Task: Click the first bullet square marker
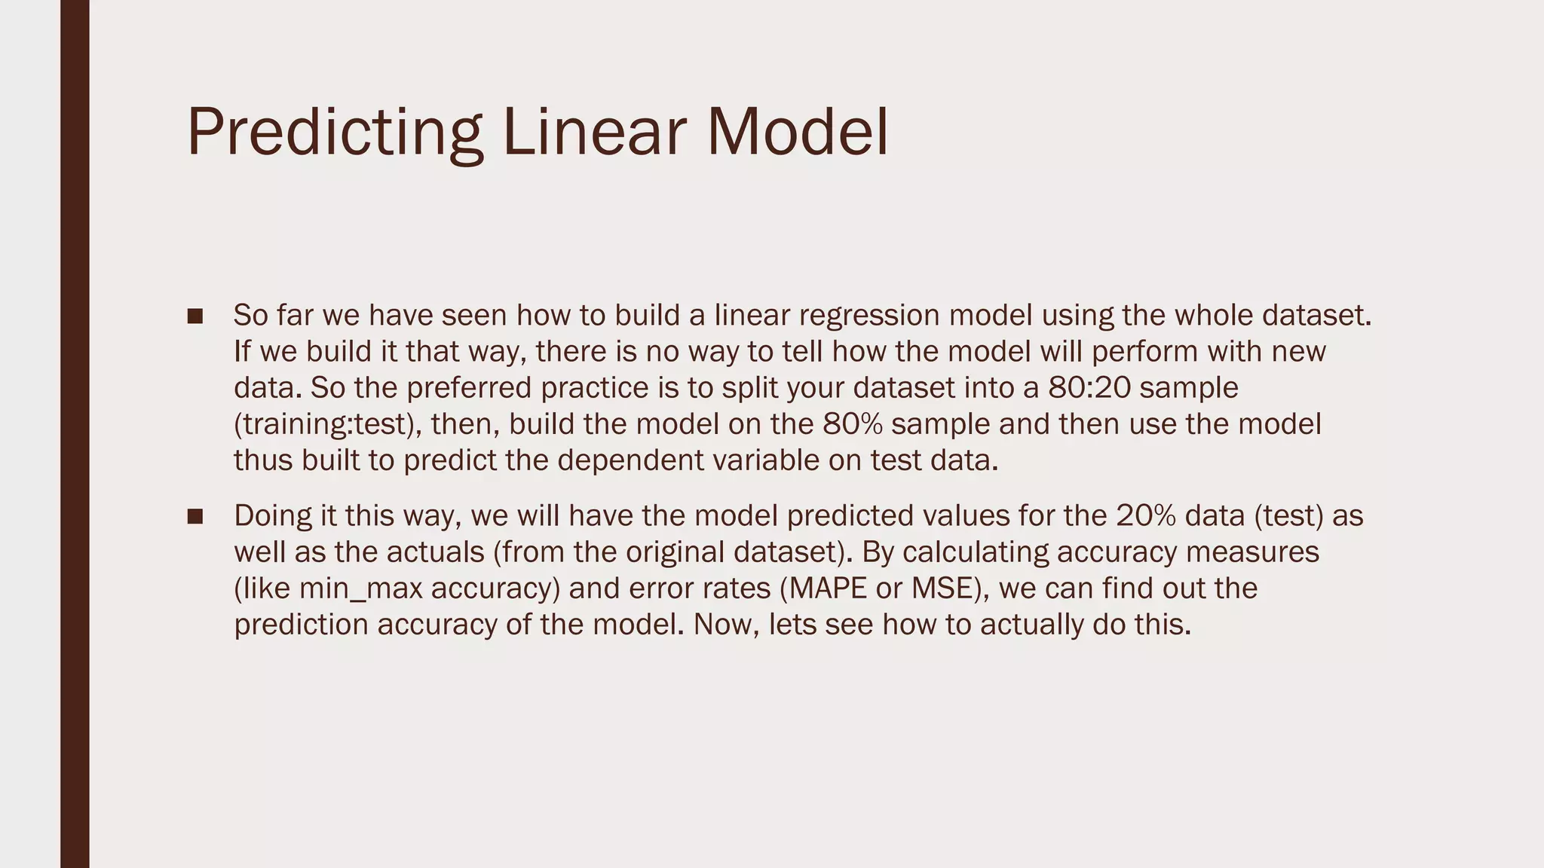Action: click(195, 316)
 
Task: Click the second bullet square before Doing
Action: click(195, 516)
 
